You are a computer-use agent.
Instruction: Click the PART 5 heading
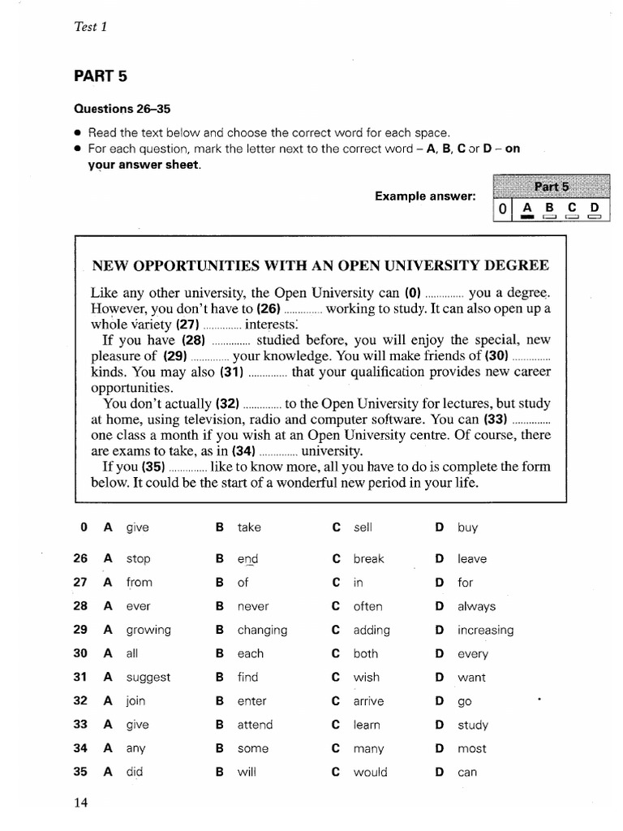pyautogui.click(x=101, y=76)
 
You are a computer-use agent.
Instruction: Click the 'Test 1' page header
pyautogui.click(x=91, y=27)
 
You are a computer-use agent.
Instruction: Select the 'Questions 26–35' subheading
pyautogui.click(x=122, y=109)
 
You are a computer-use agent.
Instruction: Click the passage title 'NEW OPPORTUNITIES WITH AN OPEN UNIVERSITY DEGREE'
pyautogui.click(x=320, y=265)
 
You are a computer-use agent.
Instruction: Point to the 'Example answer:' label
pyautogui.click(x=425, y=196)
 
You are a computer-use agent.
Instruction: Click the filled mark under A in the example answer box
pyautogui.click(x=527, y=217)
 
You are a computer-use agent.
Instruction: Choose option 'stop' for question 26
pyautogui.click(x=138, y=559)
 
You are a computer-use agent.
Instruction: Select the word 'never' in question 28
pyautogui.click(x=252, y=606)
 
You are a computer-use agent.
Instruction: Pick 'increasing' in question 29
pyautogui.click(x=485, y=631)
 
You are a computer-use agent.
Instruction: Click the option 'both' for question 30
pyautogui.click(x=366, y=654)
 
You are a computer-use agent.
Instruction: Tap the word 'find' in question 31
pyautogui.click(x=247, y=677)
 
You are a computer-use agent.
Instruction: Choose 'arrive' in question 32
pyautogui.click(x=368, y=701)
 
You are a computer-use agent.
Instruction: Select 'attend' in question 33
pyautogui.click(x=255, y=725)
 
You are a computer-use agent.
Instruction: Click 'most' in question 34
pyautogui.click(x=472, y=749)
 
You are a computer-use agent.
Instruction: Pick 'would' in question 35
pyautogui.click(x=370, y=773)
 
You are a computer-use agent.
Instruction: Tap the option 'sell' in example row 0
pyautogui.click(x=363, y=527)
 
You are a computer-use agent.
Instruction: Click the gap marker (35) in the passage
pyautogui.click(x=153, y=467)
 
